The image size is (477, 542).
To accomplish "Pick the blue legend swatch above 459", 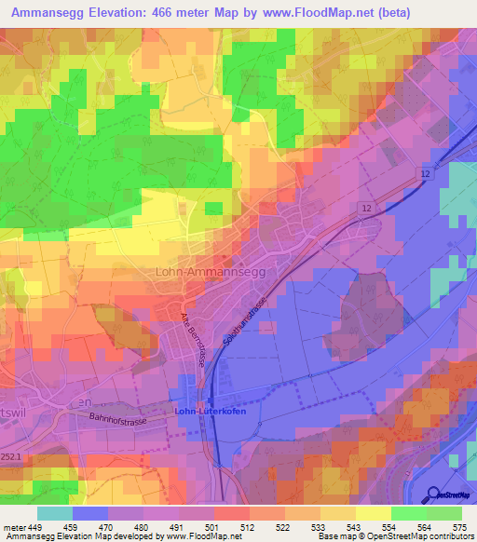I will [x=89, y=513].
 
